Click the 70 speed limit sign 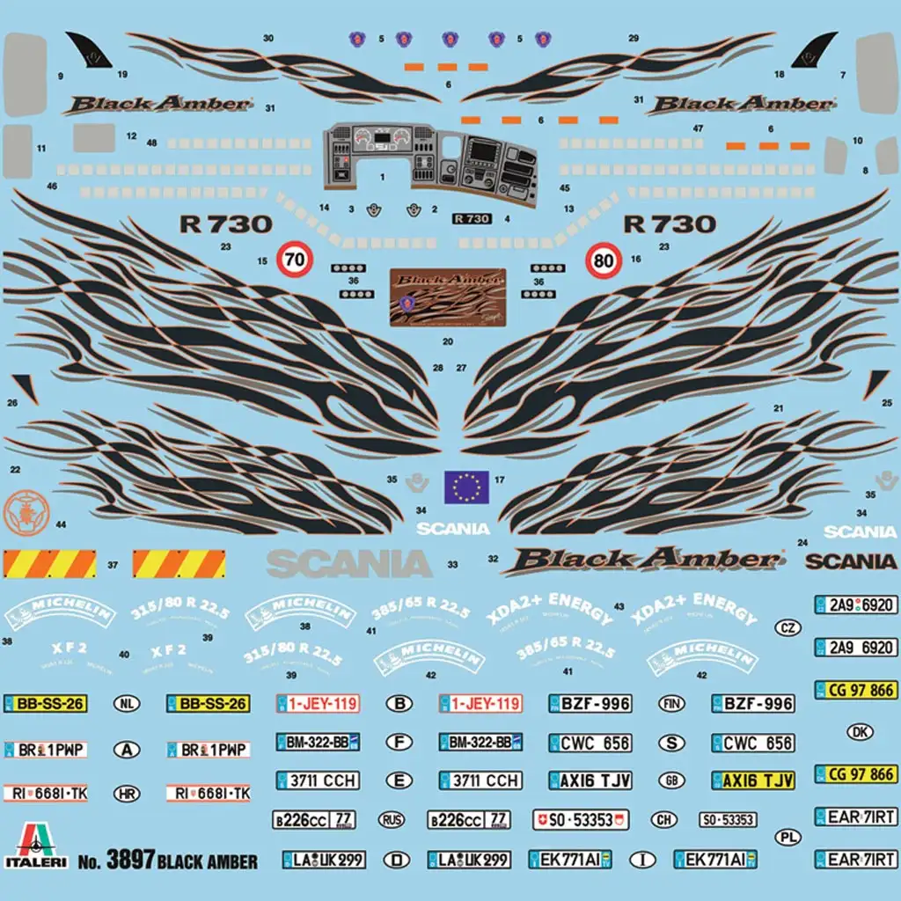point(296,260)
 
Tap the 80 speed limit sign point(604,260)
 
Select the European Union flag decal point(466,487)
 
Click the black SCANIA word point(851,561)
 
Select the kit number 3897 point(130,860)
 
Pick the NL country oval point(128,704)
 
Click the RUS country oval point(392,820)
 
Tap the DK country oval point(860,731)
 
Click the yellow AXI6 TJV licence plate point(753,780)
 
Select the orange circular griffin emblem point(24,510)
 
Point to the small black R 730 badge point(471,218)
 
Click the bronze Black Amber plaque point(448,297)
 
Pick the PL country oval point(787,837)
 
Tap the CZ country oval point(787,627)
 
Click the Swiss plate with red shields point(581,820)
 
